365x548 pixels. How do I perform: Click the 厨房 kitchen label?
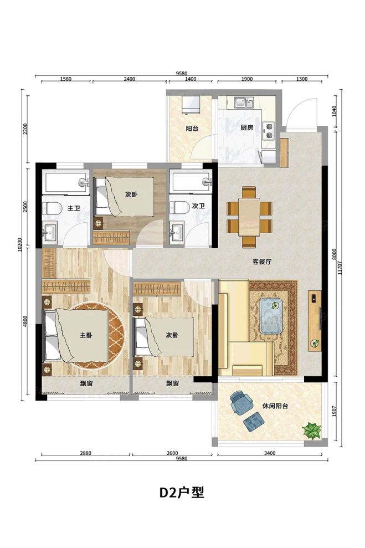tap(246, 128)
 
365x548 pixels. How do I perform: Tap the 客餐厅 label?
tap(262, 262)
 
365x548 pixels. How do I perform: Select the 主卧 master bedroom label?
tap(86, 335)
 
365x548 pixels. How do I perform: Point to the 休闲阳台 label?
tap(275, 407)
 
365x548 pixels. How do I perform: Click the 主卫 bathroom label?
tap(74, 208)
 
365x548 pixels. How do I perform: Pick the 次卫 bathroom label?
tap(198, 206)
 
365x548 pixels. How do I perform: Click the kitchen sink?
tap(244, 102)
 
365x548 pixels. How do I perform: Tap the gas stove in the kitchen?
tap(269, 131)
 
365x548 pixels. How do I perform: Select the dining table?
tap(249, 217)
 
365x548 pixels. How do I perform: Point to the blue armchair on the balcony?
tap(240, 402)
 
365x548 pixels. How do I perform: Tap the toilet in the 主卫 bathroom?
tap(51, 208)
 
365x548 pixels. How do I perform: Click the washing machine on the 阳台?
tap(191, 105)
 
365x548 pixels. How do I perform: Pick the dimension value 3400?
tap(270, 453)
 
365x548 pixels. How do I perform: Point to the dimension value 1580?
tap(66, 79)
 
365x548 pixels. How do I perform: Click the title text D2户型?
tap(182, 493)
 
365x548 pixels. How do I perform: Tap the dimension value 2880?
tap(86, 453)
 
